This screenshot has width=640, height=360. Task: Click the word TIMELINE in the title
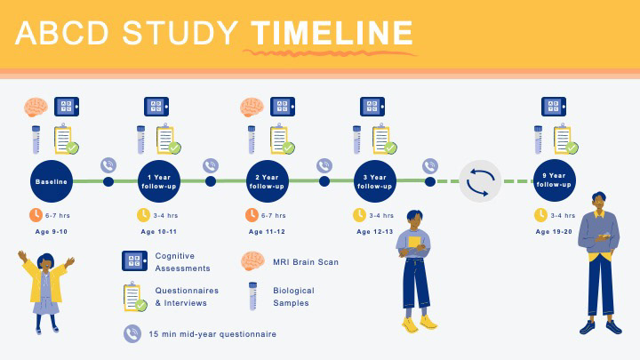(x=332, y=33)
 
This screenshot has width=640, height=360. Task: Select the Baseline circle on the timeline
(x=52, y=181)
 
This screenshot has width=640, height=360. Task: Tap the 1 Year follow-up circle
(x=160, y=181)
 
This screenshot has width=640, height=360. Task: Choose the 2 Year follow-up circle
(x=268, y=181)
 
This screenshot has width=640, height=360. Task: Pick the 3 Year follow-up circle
(x=375, y=181)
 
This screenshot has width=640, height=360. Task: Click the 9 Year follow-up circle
(x=555, y=181)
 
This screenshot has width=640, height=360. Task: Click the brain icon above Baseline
(x=36, y=108)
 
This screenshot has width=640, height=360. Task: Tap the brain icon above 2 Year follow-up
(x=252, y=108)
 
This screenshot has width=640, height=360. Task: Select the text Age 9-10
(x=52, y=232)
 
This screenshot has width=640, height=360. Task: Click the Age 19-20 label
(x=555, y=232)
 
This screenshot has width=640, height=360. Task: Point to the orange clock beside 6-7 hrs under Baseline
(x=36, y=215)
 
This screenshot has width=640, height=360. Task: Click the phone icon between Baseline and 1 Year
(x=108, y=164)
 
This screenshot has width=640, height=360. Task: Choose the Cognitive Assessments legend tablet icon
(x=133, y=261)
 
